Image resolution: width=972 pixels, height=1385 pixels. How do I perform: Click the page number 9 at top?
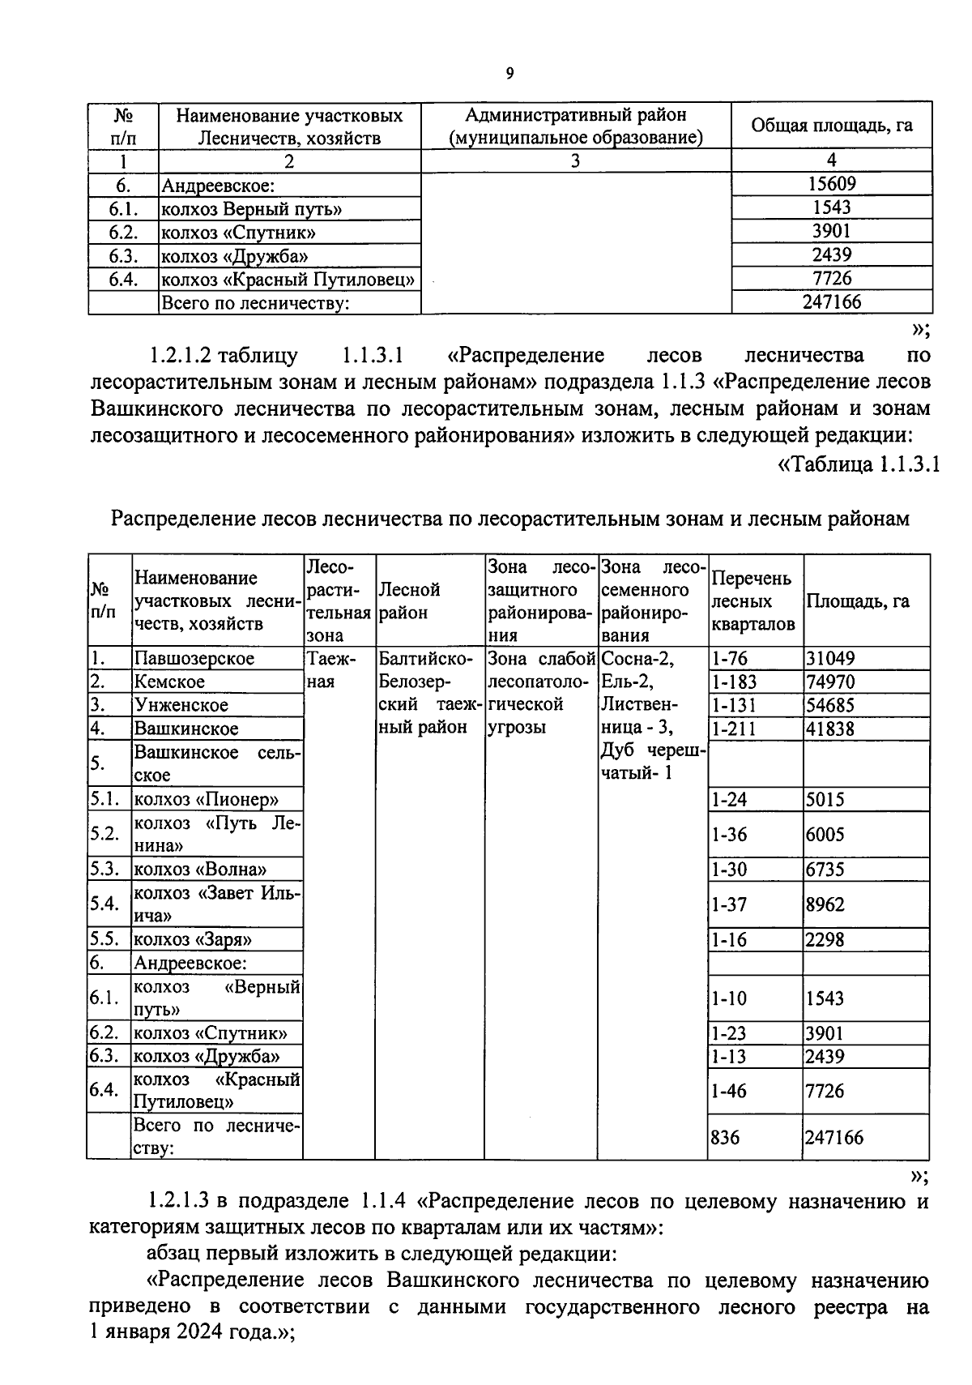509,74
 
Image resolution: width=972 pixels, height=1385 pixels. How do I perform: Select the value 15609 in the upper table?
832,184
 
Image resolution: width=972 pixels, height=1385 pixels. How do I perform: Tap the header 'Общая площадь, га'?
832,126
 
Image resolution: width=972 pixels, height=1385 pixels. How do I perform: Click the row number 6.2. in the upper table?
123,233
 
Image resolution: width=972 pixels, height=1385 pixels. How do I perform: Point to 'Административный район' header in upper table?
576,115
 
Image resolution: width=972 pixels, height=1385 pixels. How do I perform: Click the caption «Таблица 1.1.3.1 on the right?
858,464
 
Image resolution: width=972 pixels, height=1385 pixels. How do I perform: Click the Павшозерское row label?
194,658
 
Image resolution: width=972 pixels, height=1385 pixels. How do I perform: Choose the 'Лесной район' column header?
410,601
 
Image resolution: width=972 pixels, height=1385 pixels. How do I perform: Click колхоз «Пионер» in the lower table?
206,799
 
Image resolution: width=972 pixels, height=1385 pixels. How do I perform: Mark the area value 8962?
825,904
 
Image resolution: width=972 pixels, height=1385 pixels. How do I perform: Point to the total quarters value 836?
725,1137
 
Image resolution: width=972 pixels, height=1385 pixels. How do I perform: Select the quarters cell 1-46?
728,1091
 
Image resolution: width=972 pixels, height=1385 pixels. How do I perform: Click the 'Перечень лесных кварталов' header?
752,601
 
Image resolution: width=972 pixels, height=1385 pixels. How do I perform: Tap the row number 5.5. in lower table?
105,940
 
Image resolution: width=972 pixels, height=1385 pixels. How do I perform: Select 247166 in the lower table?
833,1137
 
